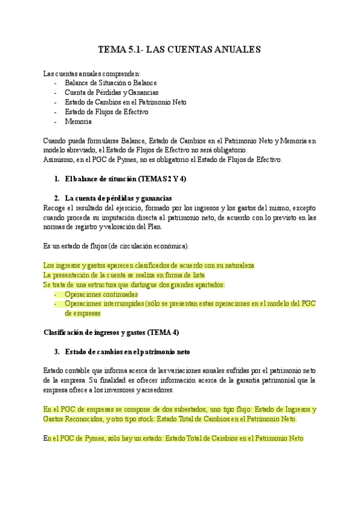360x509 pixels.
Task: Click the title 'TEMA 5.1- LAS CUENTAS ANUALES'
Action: point(179,50)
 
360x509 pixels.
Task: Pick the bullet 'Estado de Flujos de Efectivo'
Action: point(106,112)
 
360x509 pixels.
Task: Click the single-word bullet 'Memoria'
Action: point(78,121)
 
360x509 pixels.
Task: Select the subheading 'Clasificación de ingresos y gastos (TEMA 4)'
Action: point(112,332)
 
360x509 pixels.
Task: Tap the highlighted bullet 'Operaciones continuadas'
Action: point(101,294)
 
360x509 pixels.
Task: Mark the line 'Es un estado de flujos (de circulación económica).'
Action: point(116,246)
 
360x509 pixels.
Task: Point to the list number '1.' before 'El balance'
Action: point(57,179)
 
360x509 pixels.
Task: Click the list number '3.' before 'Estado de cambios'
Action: point(57,351)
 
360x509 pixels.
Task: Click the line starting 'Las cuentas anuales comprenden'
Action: point(92,73)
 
